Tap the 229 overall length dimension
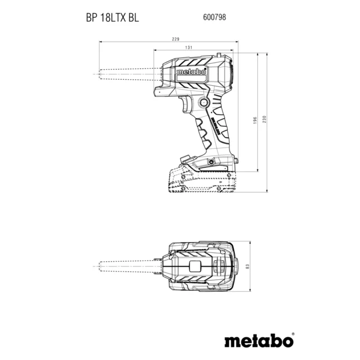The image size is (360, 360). [175, 39]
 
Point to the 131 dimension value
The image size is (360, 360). [188, 48]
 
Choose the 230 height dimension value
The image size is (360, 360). [265, 120]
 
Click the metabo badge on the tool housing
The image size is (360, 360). [193, 72]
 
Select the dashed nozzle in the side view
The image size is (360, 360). [126, 73]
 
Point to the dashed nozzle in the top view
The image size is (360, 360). [126, 267]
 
